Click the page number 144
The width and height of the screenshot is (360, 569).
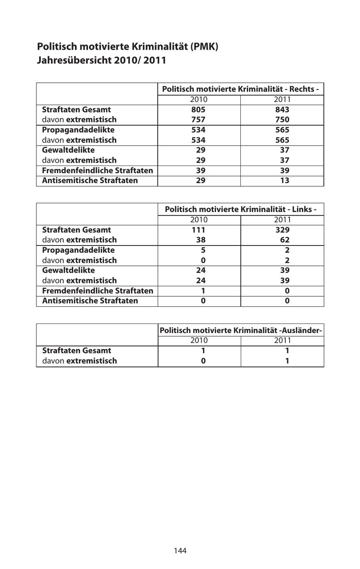pos(180,551)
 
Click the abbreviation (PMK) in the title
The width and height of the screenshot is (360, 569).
pos(204,46)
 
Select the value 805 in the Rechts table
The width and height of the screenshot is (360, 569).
pos(198,110)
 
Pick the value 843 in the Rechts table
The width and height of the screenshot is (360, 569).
pos(282,110)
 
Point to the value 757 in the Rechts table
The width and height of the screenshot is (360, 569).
pos(198,120)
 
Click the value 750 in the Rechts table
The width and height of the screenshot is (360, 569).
pos(282,120)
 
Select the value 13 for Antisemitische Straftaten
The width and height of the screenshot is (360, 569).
pos(285,180)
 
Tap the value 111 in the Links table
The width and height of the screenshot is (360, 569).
pos(198,230)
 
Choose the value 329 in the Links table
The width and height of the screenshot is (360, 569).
pos(282,230)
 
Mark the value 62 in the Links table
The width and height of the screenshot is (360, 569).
pos(285,240)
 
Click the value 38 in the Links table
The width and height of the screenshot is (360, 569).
pos(201,240)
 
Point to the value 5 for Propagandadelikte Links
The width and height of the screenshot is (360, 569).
pos(203,250)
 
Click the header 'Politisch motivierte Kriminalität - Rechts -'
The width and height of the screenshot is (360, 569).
pos(240,89)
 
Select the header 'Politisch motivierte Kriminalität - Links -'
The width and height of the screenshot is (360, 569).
pos(240,209)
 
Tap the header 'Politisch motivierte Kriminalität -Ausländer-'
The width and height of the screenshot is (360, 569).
pos(240,330)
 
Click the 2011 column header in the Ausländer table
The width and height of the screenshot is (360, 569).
pos(282,341)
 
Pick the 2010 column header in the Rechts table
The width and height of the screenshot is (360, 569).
pos(198,100)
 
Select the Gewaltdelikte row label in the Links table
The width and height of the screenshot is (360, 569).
pos(68,270)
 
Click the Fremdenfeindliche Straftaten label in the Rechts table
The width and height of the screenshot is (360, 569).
pos(98,170)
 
